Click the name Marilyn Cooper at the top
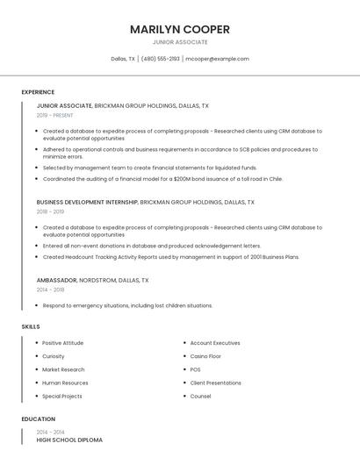click(x=180, y=29)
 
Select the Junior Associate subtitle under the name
click(x=180, y=42)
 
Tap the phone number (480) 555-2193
click(x=160, y=59)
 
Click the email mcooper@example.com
click(x=217, y=59)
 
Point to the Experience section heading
click(x=38, y=92)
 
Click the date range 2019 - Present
click(x=54, y=115)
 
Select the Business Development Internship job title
click(x=87, y=202)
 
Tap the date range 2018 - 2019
click(x=50, y=211)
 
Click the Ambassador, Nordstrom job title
click(x=92, y=280)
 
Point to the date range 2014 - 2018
click(x=50, y=290)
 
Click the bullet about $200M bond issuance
click(x=162, y=178)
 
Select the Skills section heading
click(x=31, y=326)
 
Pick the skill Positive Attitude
click(x=62, y=343)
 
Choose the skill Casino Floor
click(x=205, y=356)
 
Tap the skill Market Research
click(x=63, y=369)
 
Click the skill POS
click(x=195, y=369)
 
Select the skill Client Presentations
click(x=215, y=383)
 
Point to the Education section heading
click(x=39, y=419)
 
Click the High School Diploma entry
click(x=69, y=440)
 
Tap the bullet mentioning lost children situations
click(x=127, y=305)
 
